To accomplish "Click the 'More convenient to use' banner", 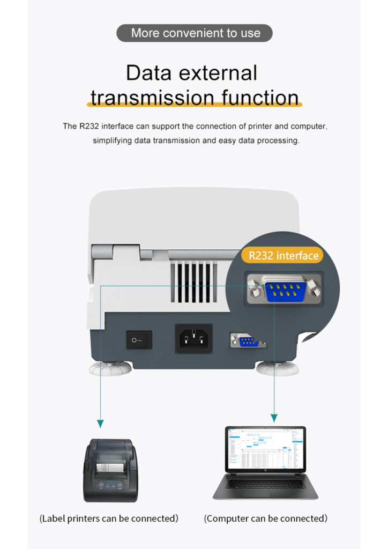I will coord(194,33).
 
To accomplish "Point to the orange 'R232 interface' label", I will coord(283,256).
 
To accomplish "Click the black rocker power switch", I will coord(139,340).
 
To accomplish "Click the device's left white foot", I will coord(111,370).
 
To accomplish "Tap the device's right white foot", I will coord(277,369).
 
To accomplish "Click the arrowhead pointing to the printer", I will coord(100,424).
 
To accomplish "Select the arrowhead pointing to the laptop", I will coord(274,418).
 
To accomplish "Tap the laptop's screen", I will coord(265,449).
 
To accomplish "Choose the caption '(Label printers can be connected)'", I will coord(109,518).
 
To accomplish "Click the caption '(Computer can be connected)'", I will coord(266,518).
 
